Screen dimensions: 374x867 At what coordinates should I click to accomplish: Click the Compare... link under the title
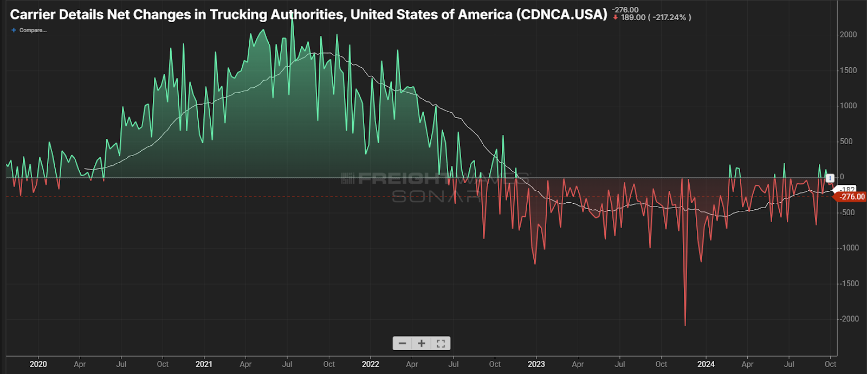(x=32, y=30)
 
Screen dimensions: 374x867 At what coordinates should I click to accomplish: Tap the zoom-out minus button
(x=402, y=344)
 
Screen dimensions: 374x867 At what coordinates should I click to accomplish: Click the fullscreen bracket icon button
(x=441, y=344)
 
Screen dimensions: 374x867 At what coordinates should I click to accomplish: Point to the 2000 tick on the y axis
(x=848, y=35)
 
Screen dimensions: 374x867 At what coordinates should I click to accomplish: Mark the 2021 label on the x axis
(x=204, y=364)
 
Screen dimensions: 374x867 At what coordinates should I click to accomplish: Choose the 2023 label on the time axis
(x=536, y=364)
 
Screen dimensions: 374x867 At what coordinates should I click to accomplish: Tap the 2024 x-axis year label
(x=706, y=364)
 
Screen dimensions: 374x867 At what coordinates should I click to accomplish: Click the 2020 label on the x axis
(x=38, y=364)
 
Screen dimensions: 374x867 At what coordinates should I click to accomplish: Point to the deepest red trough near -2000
(x=685, y=324)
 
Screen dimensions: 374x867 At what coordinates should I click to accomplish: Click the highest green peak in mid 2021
(x=293, y=20)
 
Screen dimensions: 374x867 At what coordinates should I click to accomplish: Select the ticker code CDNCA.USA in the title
(x=561, y=15)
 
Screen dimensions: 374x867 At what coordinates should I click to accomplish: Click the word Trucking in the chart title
(x=235, y=15)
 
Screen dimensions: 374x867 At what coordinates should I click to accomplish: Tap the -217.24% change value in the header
(x=670, y=17)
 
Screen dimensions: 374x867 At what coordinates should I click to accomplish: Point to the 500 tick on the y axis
(x=846, y=141)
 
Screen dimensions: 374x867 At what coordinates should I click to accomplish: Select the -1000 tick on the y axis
(x=847, y=248)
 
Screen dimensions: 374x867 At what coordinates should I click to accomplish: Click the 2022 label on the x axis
(x=370, y=364)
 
